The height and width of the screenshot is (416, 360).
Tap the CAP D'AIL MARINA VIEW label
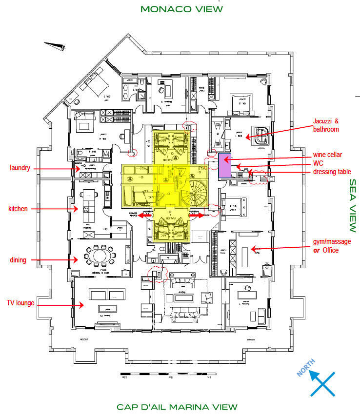177,407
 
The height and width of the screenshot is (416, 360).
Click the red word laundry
20,168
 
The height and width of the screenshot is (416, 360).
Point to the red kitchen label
18,209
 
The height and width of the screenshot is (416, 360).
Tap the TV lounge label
20,303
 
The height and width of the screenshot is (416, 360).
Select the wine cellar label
327,155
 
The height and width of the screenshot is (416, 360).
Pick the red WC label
318,163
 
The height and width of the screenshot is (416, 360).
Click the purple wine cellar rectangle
224,166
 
